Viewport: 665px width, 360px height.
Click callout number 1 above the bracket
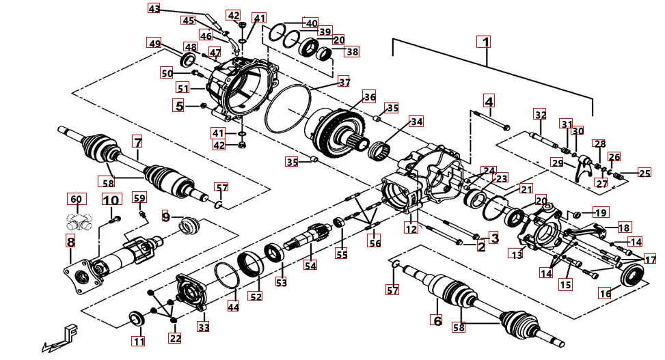click(485, 42)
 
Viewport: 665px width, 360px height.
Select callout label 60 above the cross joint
click(76, 199)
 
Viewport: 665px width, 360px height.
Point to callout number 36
click(369, 98)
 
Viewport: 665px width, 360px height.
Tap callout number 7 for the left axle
click(137, 143)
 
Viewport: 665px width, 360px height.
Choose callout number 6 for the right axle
click(436, 319)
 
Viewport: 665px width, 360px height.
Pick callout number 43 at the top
click(154, 9)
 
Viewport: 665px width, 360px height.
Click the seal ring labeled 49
click(187, 61)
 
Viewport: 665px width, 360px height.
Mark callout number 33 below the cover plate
click(204, 327)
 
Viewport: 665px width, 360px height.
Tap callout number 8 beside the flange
click(70, 241)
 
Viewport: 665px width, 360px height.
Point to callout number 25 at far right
click(644, 173)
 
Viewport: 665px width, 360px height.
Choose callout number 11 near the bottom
click(139, 342)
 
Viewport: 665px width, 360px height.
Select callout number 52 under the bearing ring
click(256, 296)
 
